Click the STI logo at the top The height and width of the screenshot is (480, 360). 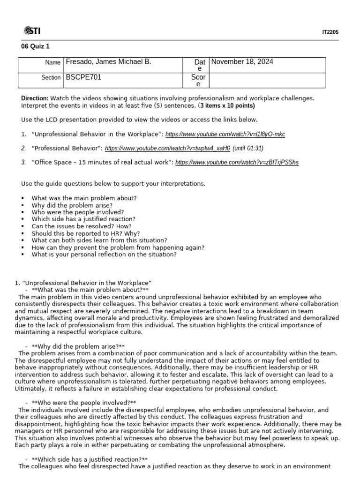point(32,31)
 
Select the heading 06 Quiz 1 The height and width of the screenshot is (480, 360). point(35,46)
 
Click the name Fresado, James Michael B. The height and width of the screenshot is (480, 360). point(108,62)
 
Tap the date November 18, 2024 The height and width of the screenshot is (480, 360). point(242,62)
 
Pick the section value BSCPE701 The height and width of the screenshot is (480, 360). point(83,77)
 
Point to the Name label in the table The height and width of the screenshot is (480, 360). point(52,62)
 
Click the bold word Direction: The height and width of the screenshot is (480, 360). point(35,98)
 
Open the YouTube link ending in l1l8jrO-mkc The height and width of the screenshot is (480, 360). point(225,135)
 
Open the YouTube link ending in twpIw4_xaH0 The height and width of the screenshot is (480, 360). point(167,149)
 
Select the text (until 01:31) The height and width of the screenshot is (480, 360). point(248,149)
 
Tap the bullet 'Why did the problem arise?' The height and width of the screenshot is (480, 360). point(72,205)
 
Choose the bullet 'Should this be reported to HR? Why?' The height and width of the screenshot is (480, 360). point(86,233)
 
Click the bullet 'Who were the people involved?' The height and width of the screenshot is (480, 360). point(78,212)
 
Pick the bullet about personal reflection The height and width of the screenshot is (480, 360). point(104,255)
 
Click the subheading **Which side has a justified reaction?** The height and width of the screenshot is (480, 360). point(90,459)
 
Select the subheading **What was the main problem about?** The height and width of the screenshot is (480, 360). point(90,290)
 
